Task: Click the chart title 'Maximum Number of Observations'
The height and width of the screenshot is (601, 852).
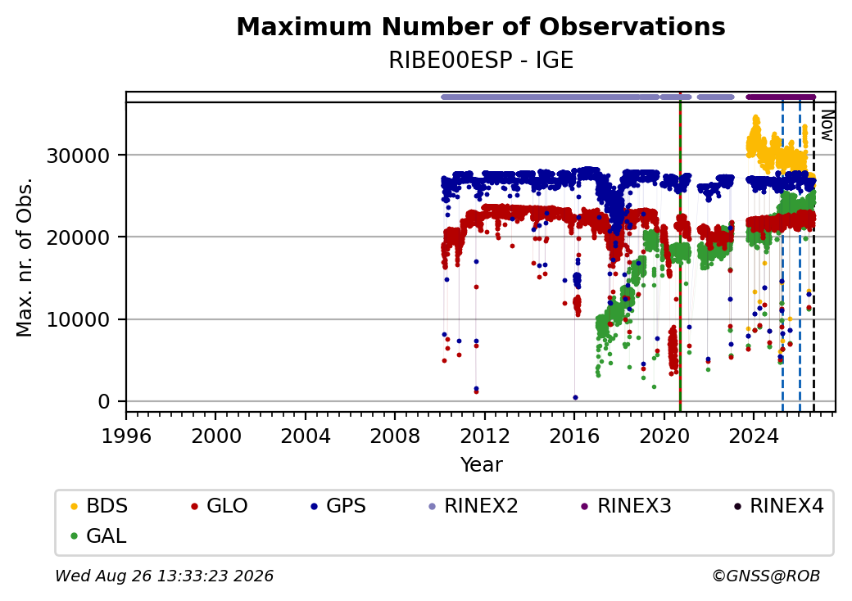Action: (x=481, y=26)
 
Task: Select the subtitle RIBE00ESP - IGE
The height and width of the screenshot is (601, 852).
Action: (x=481, y=61)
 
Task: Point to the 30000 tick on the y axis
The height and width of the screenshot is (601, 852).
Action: (x=79, y=156)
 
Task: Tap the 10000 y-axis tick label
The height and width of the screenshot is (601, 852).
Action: (x=79, y=320)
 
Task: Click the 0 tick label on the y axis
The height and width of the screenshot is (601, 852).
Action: (x=104, y=402)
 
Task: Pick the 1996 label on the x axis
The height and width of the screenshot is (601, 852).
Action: (x=126, y=436)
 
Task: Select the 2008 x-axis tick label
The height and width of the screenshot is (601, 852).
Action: (x=395, y=436)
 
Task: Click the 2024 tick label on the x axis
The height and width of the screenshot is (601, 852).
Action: (x=753, y=436)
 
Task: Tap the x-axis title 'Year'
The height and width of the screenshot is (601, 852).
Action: (x=482, y=465)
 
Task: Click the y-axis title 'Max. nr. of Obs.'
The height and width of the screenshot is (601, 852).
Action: (x=25, y=257)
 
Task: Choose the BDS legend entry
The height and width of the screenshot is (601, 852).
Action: (x=99, y=506)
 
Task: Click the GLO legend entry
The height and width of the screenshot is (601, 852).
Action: (x=220, y=506)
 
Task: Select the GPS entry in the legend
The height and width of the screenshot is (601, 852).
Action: (x=338, y=506)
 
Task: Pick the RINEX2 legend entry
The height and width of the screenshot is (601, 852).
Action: (x=474, y=506)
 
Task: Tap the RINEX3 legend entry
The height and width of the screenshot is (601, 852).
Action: (x=626, y=506)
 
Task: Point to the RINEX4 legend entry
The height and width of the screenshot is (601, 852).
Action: (x=778, y=506)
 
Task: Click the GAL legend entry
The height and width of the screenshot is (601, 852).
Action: (x=98, y=535)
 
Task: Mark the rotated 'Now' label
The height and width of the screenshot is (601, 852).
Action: (x=827, y=125)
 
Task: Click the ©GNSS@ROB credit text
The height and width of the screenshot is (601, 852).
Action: (x=766, y=576)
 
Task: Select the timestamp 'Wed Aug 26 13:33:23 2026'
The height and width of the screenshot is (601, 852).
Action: (x=165, y=576)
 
